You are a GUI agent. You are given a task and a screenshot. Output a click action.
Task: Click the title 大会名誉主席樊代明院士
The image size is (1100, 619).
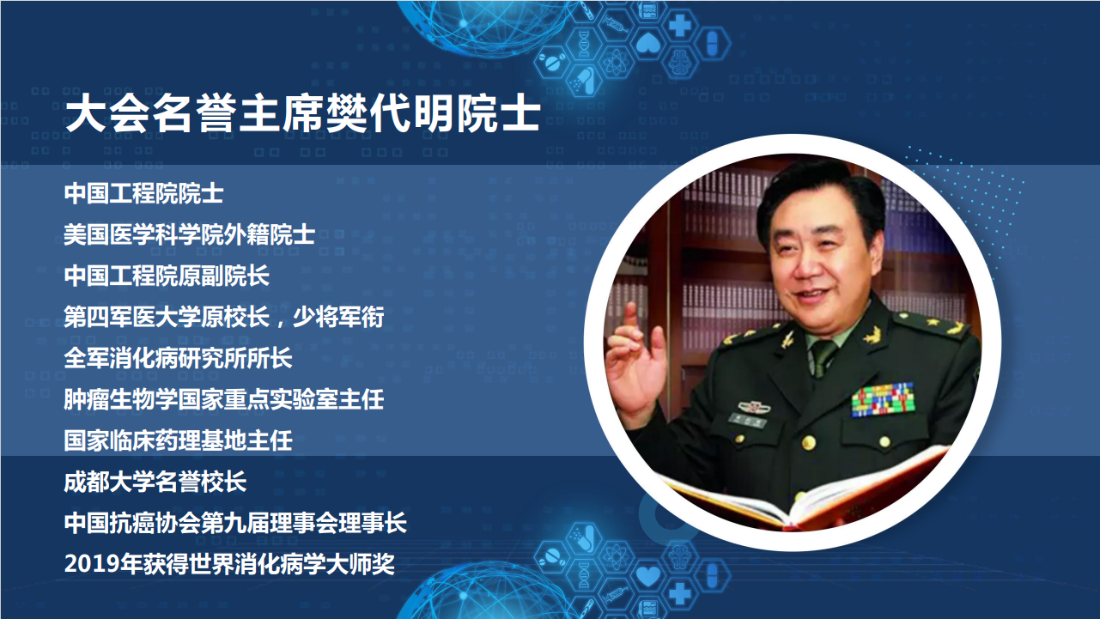pos(303,114)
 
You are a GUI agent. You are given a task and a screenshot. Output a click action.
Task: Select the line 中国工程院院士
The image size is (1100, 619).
pos(144,193)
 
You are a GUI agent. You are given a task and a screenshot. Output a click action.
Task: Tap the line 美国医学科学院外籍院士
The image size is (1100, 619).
pos(190,234)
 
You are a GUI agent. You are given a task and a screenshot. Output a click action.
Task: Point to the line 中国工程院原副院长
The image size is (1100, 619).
pos(167,276)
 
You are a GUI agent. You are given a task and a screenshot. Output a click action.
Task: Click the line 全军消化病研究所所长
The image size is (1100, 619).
pos(179,358)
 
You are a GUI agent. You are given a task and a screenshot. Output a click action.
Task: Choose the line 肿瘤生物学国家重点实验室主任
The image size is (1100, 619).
pos(224,399)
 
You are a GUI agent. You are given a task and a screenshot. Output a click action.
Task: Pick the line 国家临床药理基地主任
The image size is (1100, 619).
pos(179,440)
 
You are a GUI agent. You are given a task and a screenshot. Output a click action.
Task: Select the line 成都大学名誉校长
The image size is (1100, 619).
pos(155,482)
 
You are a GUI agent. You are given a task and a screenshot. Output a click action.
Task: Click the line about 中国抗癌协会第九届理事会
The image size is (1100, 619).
pos(235,523)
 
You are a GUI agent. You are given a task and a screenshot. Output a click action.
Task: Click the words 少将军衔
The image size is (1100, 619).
pos(338,317)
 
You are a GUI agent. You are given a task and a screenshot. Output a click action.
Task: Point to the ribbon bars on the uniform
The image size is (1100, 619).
pos(883,399)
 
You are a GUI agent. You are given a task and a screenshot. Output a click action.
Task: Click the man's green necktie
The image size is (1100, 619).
pos(822,358)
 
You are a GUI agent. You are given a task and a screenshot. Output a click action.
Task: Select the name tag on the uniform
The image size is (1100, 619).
pos(747,421)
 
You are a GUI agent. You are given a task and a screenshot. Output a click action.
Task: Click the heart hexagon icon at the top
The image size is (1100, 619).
pos(648,43)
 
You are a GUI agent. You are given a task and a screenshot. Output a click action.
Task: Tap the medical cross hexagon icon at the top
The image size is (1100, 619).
pos(679,26)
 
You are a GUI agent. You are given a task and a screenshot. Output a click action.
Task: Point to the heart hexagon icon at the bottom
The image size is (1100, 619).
pos(648,576)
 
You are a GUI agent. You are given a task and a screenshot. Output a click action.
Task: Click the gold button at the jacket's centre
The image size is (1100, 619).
pos(808,443)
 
